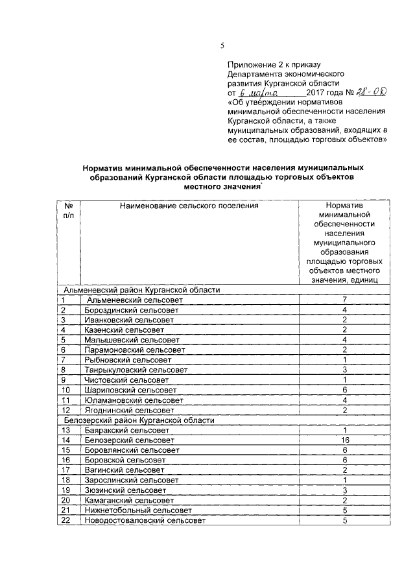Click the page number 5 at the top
[x=221, y=45]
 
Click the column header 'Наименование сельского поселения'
[x=188, y=206]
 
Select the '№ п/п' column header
[x=68, y=210]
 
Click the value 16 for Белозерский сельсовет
[x=346, y=440]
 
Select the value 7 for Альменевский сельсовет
[x=346, y=300]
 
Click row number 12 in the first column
[x=65, y=410]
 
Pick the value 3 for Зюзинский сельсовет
[x=346, y=490]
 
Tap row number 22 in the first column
[x=65, y=520]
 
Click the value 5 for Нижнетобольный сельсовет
[x=346, y=510]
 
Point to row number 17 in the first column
[x=65, y=470]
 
